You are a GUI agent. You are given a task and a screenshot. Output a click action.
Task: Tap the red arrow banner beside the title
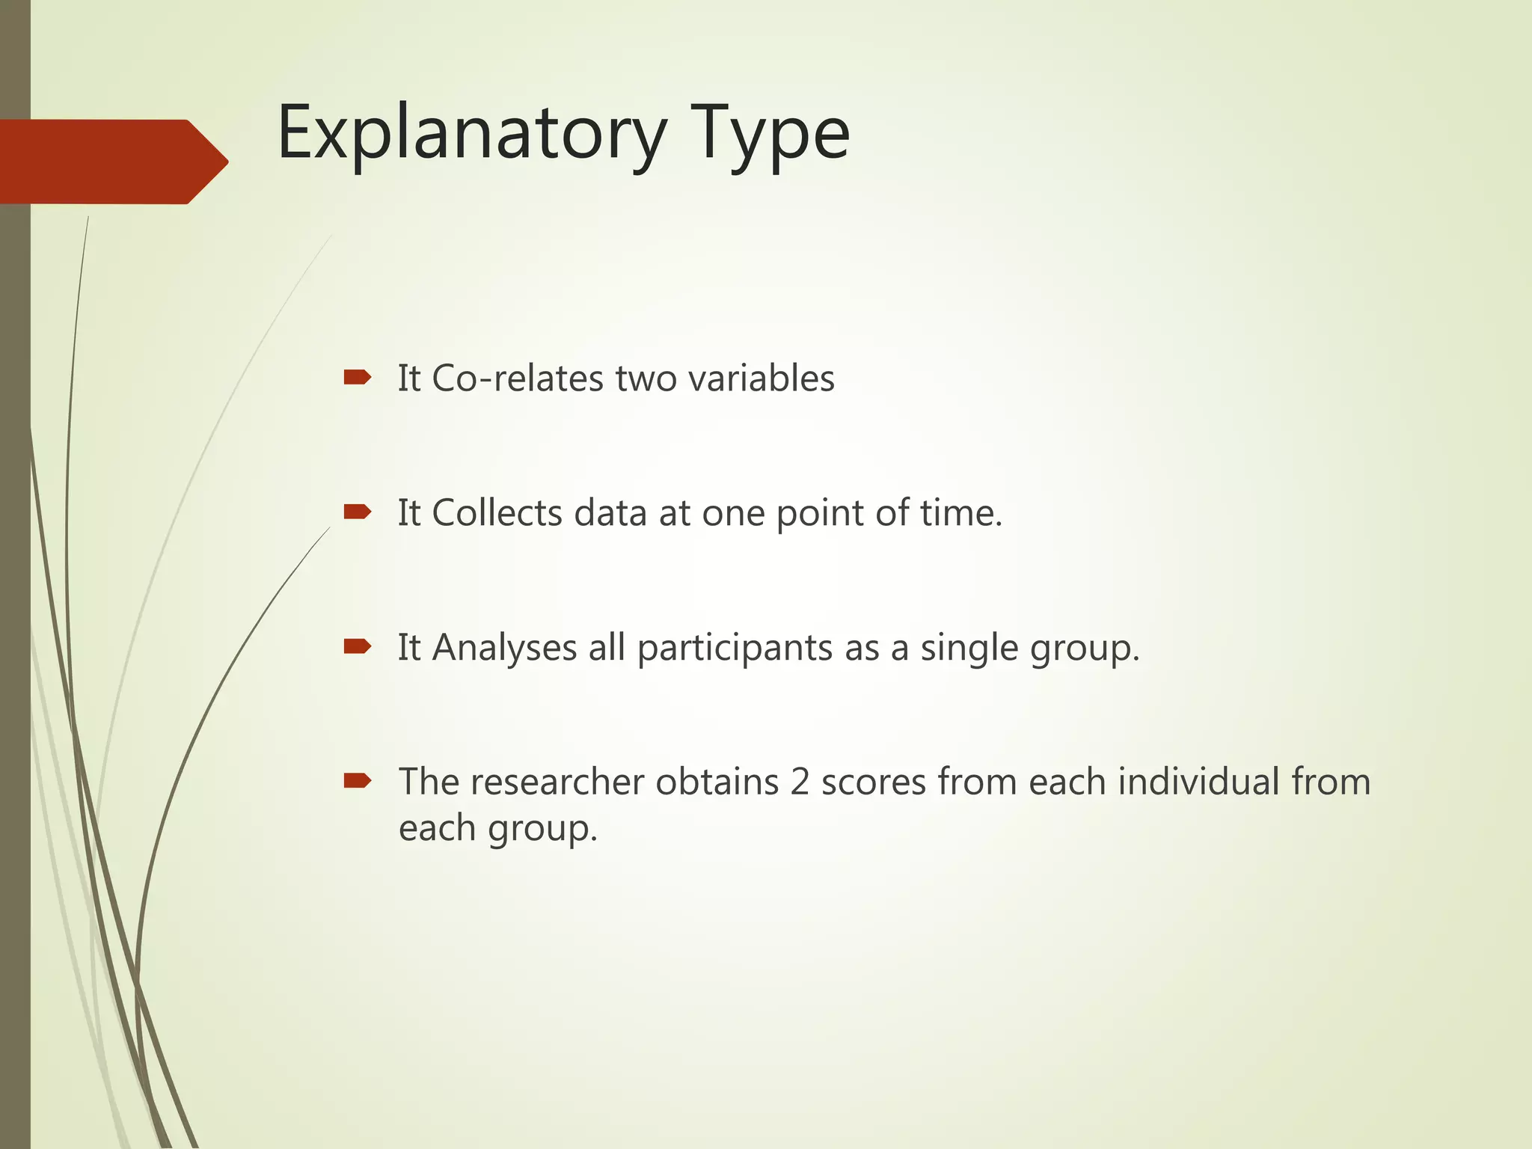point(112,162)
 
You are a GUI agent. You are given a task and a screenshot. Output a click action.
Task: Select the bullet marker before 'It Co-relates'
point(357,377)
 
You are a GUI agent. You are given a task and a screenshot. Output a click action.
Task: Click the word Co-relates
point(518,379)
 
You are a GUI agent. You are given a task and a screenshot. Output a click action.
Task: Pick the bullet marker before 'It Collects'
point(357,512)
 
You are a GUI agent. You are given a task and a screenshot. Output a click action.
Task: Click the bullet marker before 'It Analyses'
point(357,646)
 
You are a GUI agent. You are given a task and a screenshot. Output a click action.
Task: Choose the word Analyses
point(504,649)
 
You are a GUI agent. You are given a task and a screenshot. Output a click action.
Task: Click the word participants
point(735,649)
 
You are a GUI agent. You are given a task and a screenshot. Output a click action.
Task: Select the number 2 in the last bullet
point(800,782)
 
